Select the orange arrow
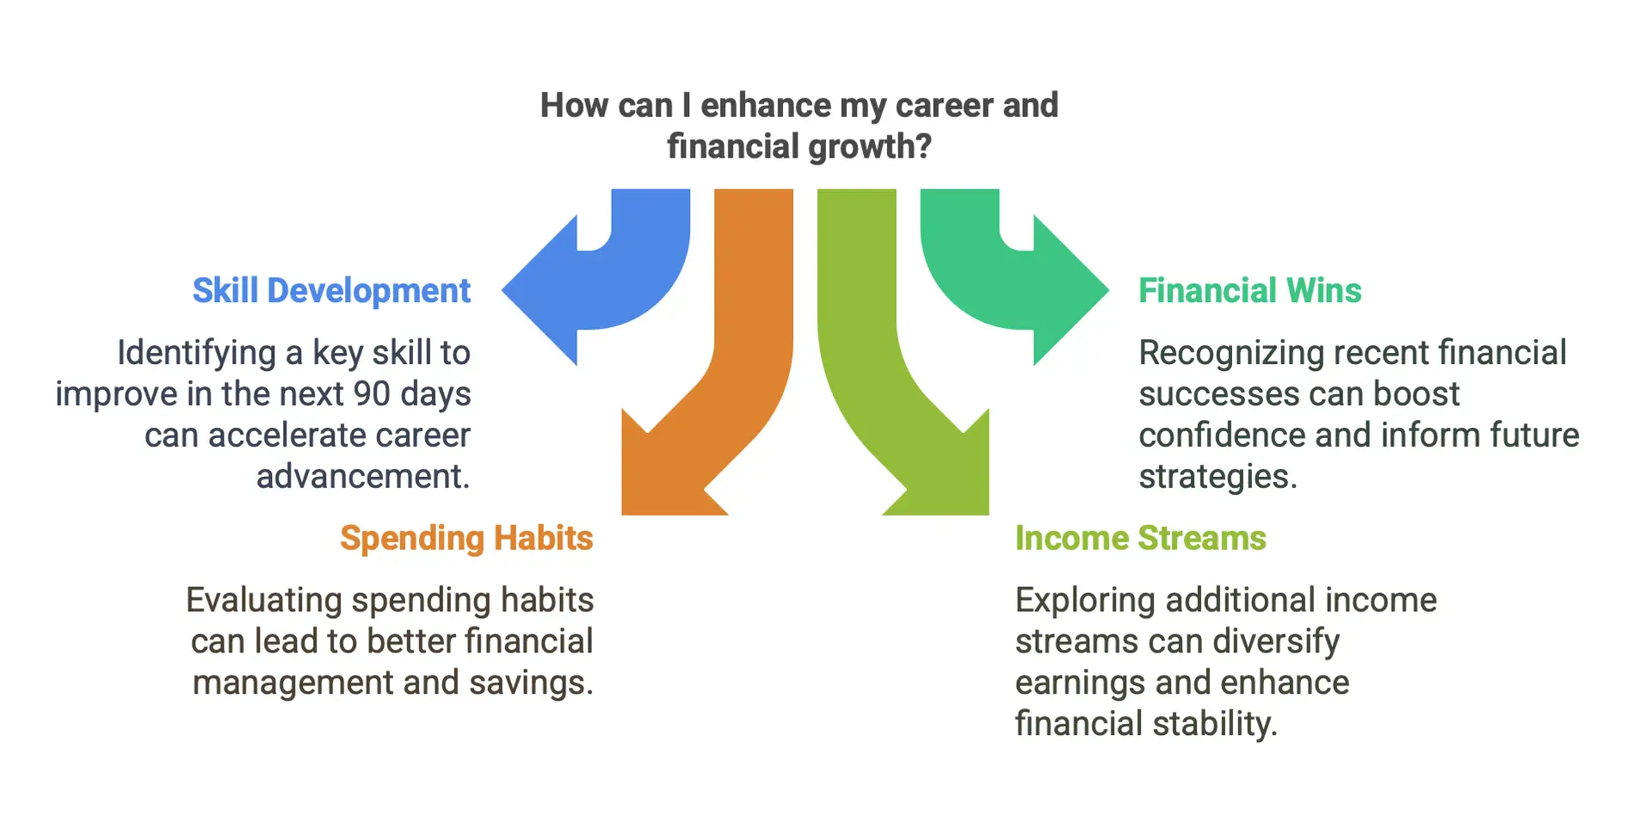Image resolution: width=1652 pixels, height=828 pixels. pyautogui.click(x=740, y=361)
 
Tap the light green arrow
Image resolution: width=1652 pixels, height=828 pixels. pyautogui.click(x=869, y=361)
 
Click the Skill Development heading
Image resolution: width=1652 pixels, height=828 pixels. pyautogui.click(x=331, y=291)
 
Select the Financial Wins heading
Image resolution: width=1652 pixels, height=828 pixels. pyautogui.click(x=1250, y=291)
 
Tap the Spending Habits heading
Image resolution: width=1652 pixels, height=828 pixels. pyautogui.click(x=466, y=539)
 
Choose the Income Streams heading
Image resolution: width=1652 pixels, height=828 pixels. pyautogui.click(x=1141, y=539)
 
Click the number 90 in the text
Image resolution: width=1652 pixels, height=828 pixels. pyautogui.click(x=372, y=394)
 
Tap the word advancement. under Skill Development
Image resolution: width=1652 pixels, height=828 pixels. pyautogui.click(x=363, y=476)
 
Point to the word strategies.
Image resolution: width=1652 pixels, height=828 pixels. pyautogui.click(x=1217, y=477)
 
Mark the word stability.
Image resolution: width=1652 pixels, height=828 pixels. pyautogui.click(x=1215, y=724)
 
